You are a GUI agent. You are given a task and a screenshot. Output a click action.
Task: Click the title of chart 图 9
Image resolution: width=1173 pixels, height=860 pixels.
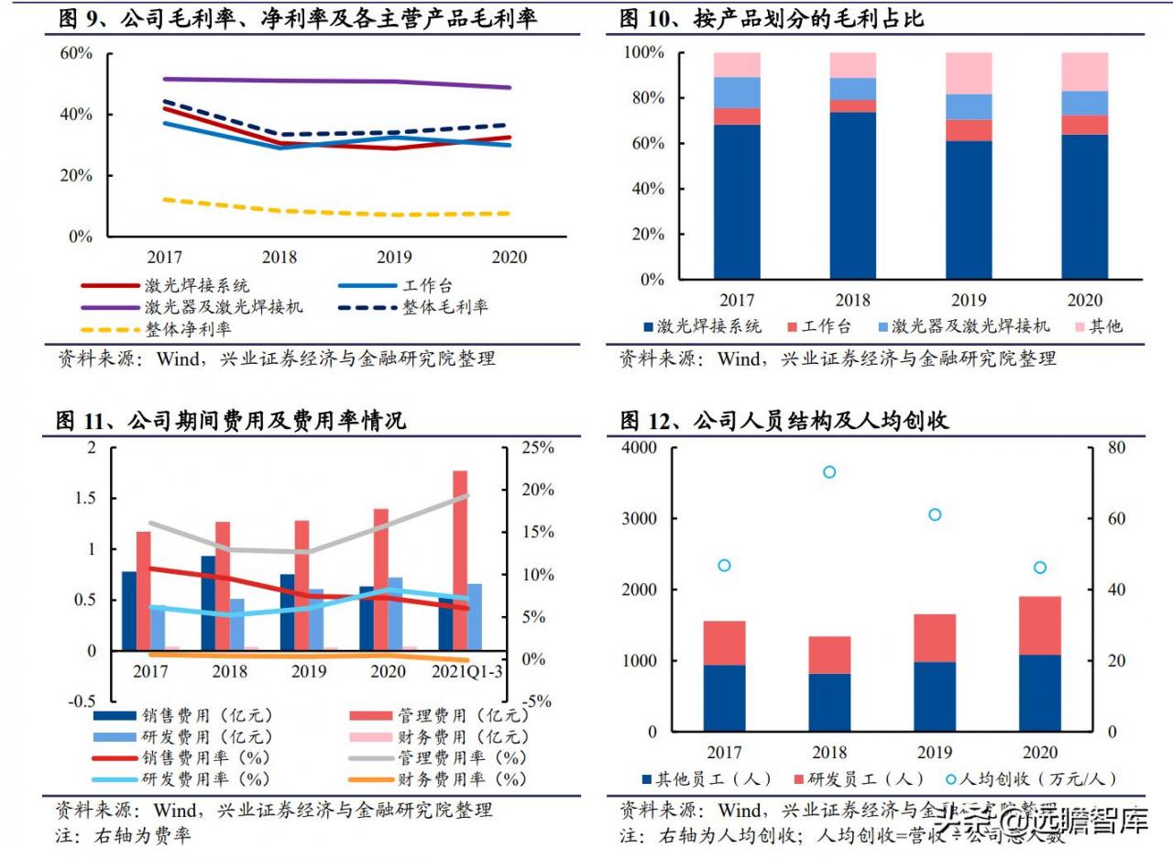point(298,18)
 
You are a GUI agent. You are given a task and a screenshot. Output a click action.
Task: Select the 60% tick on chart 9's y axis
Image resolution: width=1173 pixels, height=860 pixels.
point(76,53)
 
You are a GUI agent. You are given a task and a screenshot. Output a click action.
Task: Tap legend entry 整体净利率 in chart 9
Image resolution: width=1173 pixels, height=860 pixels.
point(188,329)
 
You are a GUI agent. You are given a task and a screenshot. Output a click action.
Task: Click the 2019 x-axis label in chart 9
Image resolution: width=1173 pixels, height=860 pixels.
point(393,257)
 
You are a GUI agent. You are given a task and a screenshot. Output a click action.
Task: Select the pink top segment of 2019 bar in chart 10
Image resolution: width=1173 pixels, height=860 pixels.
point(969,73)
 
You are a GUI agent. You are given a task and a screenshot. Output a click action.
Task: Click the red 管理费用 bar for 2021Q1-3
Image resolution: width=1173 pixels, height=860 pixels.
point(460,560)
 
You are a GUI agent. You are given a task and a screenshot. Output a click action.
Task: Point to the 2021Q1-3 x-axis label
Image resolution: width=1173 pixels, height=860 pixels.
point(466,672)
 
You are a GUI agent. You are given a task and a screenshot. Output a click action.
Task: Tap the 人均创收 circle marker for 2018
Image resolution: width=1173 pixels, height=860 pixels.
point(829,472)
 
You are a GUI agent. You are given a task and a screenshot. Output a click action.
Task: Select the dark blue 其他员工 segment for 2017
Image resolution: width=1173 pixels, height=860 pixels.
point(724,698)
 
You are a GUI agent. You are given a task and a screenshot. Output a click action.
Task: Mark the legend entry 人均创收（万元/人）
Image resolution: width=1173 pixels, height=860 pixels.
point(1041,779)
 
